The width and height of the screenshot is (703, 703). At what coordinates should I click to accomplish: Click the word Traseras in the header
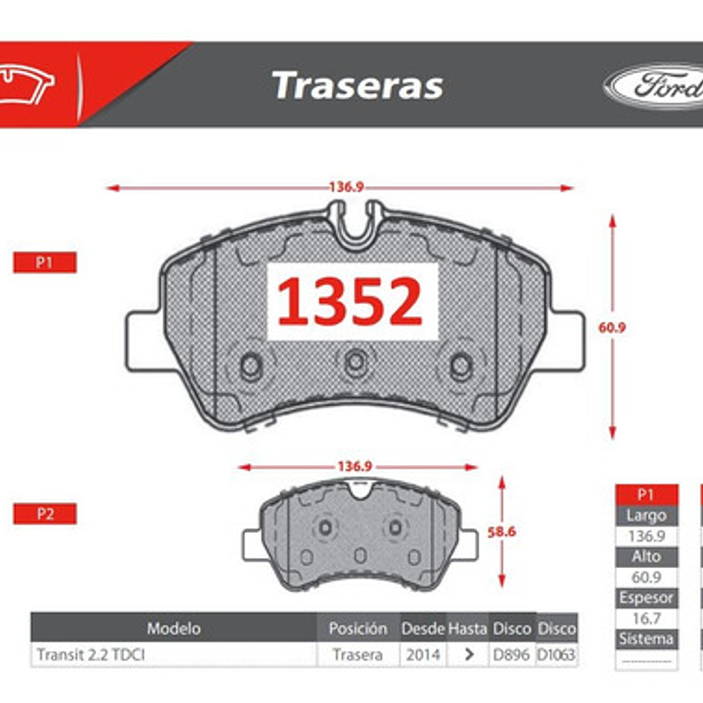(x=357, y=85)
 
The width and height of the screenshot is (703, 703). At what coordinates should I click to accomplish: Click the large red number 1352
(x=351, y=302)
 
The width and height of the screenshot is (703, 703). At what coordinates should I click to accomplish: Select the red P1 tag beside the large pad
(x=43, y=263)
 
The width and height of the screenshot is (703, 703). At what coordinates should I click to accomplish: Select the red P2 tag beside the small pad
(x=43, y=514)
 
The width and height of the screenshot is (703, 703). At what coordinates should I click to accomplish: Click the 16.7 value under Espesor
(x=646, y=618)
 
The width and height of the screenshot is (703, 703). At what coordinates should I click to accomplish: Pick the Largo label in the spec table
(x=646, y=515)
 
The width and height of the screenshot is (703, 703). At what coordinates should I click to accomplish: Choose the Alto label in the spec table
(x=646, y=556)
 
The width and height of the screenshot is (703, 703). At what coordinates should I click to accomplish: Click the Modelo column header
(x=173, y=628)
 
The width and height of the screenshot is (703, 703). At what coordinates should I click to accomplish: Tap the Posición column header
(x=357, y=628)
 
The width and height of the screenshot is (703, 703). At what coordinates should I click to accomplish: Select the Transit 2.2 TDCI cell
(x=91, y=654)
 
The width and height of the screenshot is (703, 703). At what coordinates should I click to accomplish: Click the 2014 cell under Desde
(x=422, y=654)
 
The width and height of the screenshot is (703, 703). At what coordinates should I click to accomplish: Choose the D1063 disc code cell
(x=557, y=654)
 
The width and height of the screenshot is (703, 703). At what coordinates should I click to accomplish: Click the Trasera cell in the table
(x=357, y=654)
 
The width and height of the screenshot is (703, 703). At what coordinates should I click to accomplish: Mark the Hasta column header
(x=468, y=628)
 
